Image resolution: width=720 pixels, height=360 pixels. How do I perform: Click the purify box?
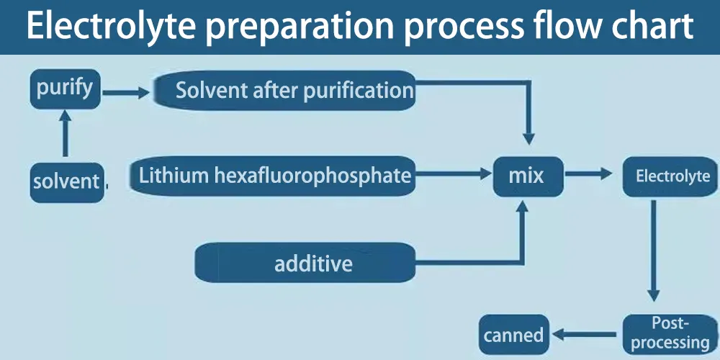pos(65,89)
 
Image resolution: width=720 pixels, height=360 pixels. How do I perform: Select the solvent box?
pos(66,181)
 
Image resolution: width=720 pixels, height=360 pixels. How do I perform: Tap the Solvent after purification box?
pos(285,91)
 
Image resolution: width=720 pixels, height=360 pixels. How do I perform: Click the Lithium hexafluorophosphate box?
pos(274,176)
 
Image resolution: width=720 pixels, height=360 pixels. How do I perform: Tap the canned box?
pos(513,335)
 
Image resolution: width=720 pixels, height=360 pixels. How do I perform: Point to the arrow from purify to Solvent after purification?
pos(126,92)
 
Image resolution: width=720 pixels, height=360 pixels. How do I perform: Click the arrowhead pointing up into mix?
pos(523,207)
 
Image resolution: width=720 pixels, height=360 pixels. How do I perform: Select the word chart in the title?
pos(652,27)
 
